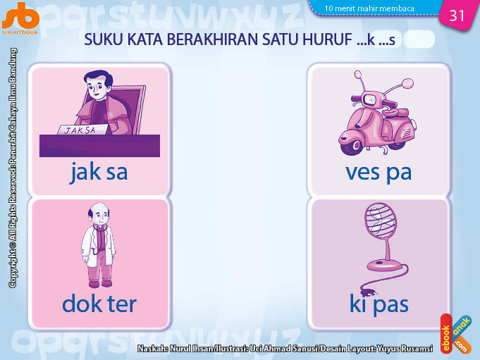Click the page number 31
[457, 15]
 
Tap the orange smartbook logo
[20, 18]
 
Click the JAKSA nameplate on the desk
[82, 130]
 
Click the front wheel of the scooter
[351, 146]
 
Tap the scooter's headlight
[370, 99]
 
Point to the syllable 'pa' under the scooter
[399, 174]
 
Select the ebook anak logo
[456, 334]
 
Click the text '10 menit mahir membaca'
[369, 8]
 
